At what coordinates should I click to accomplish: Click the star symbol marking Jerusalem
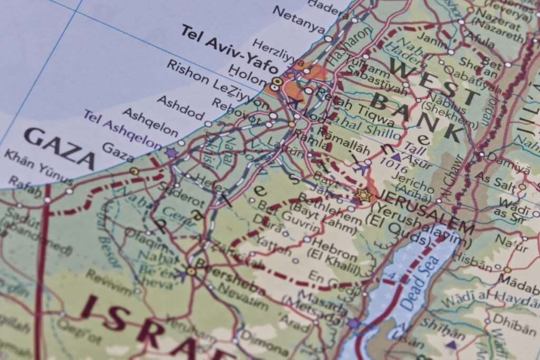tap(363, 196)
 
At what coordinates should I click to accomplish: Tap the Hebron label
tap(335, 245)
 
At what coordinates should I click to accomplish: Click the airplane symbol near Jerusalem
tap(361, 168)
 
